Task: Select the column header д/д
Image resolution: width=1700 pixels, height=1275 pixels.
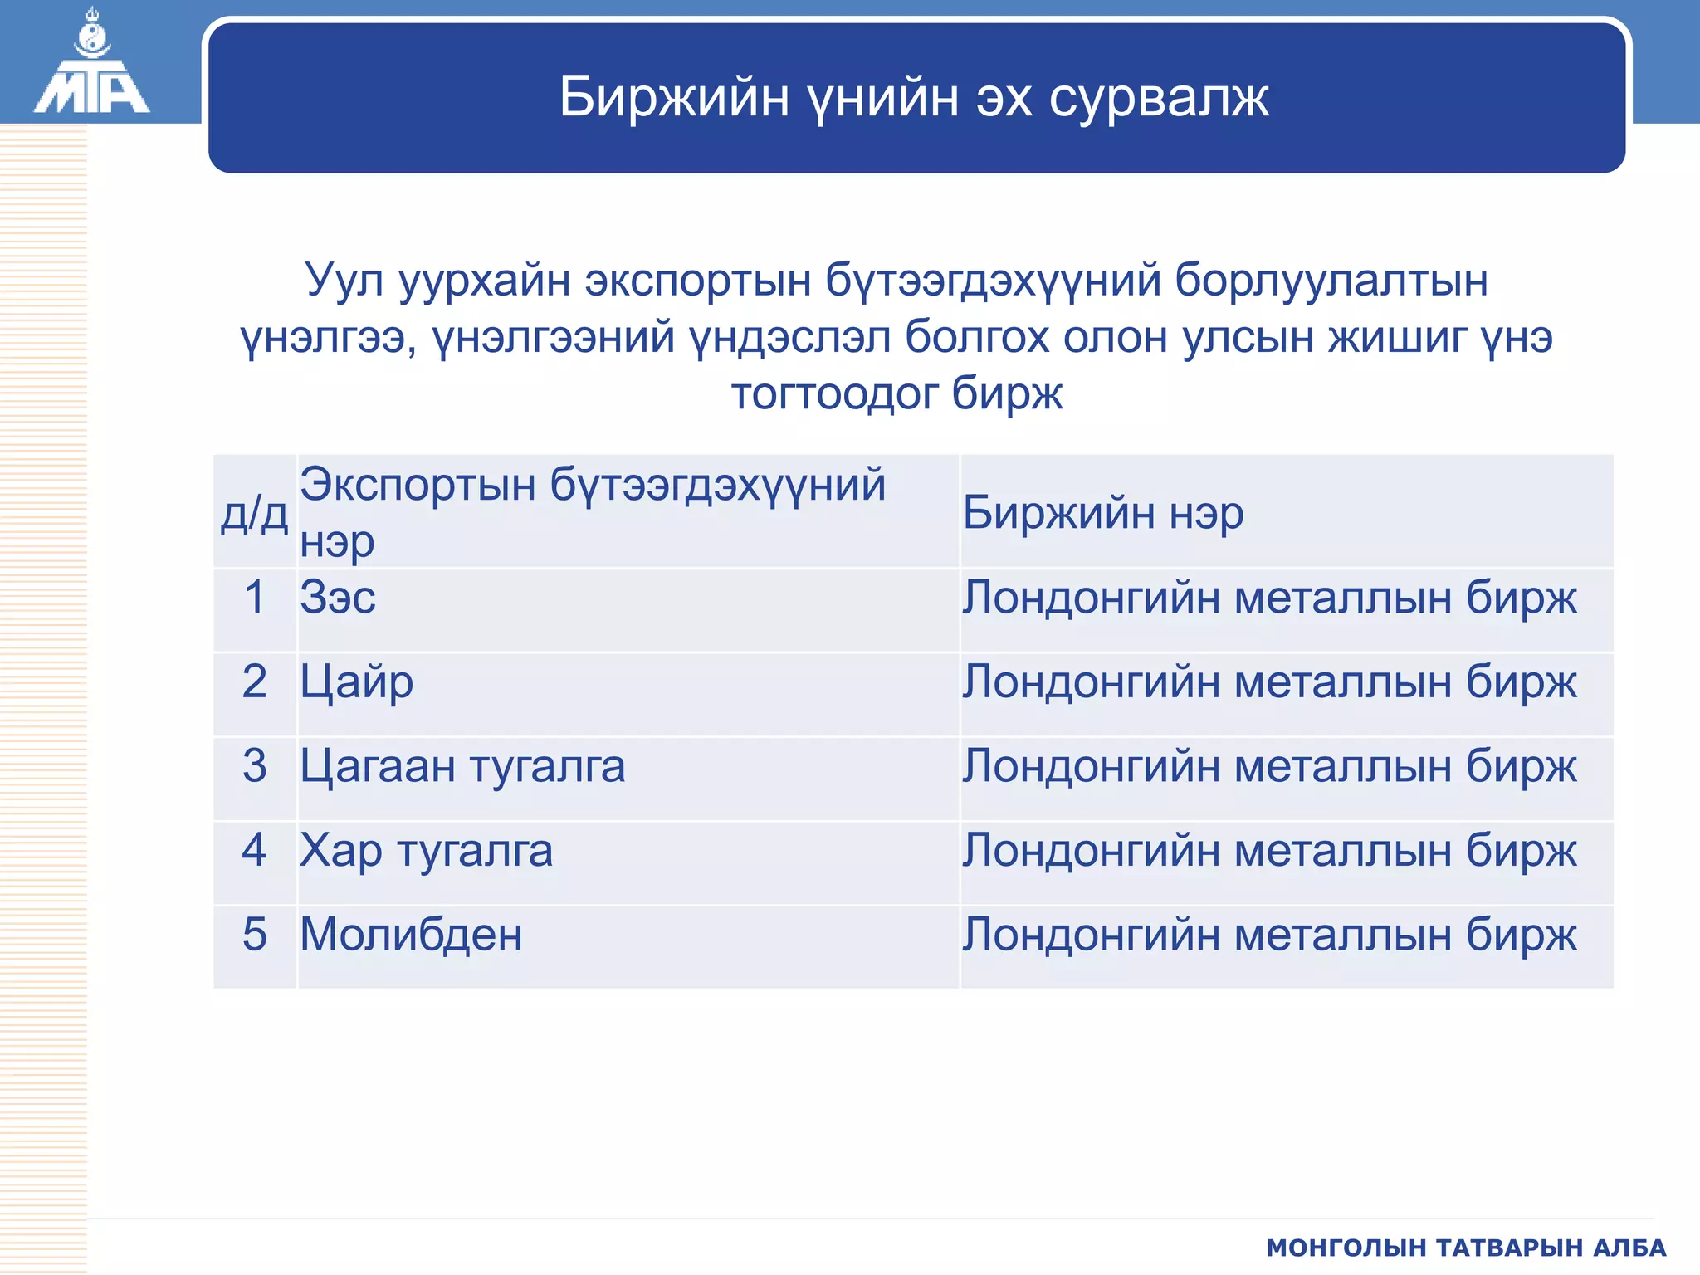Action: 254,513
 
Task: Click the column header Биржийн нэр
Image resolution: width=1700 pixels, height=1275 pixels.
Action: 1103,512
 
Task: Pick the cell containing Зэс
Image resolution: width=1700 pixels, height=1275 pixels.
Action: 338,598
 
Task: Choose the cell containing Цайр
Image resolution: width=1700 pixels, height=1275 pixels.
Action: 357,682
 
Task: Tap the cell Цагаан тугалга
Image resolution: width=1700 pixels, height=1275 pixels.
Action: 462,766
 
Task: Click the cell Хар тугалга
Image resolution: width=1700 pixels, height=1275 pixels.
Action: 426,851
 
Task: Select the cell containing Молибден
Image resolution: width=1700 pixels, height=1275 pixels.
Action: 411,935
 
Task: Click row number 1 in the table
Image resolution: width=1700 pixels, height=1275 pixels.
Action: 254,598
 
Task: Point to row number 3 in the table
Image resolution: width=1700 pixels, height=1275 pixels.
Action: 254,766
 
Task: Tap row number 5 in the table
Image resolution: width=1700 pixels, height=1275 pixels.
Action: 254,935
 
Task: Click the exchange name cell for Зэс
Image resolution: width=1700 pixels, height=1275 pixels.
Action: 1269,598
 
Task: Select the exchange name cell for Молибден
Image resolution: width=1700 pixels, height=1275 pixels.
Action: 1269,935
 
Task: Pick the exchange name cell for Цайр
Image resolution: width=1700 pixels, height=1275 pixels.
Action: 1269,682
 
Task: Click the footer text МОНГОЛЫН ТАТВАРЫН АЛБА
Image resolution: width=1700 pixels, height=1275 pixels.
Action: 1466,1248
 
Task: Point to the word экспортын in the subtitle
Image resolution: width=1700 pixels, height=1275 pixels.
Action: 697,281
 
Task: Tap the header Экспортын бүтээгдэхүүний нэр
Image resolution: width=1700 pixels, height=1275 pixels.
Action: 593,511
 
